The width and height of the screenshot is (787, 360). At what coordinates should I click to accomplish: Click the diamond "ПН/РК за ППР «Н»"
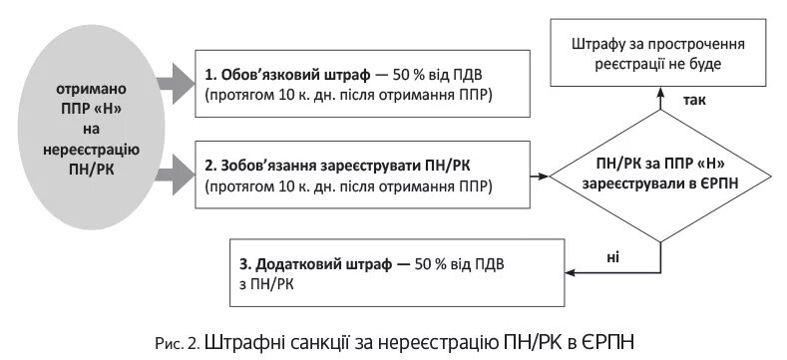[661, 175]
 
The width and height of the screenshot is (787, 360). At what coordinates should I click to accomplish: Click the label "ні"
[612, 257]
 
